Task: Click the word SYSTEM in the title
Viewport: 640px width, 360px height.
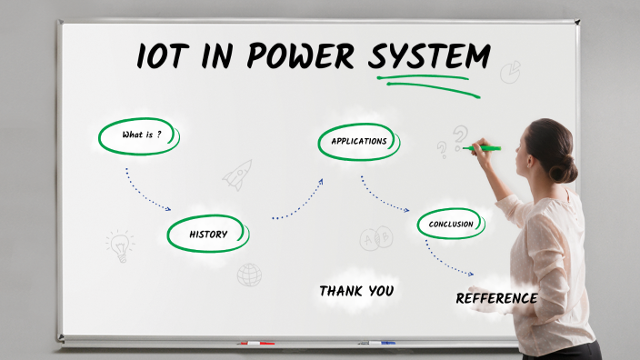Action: (428, 56)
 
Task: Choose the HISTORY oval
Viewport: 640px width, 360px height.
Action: (208, 234)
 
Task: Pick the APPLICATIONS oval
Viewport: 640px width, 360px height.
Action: (359, 141)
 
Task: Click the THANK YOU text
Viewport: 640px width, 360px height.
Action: (356, 291)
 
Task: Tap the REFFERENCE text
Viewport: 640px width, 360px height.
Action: (496, 298)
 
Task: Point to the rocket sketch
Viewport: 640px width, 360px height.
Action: (238, 174)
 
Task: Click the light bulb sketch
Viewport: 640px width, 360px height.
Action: (119, 245)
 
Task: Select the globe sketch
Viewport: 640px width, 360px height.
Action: (249, 275)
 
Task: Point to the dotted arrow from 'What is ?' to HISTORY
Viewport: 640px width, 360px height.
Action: (145, 191)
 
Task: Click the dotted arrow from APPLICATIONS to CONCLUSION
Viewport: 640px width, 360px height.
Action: (383, 195)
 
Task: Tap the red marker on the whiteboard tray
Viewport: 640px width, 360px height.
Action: (255, 344)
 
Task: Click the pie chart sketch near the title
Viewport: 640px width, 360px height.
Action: (510, 71)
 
